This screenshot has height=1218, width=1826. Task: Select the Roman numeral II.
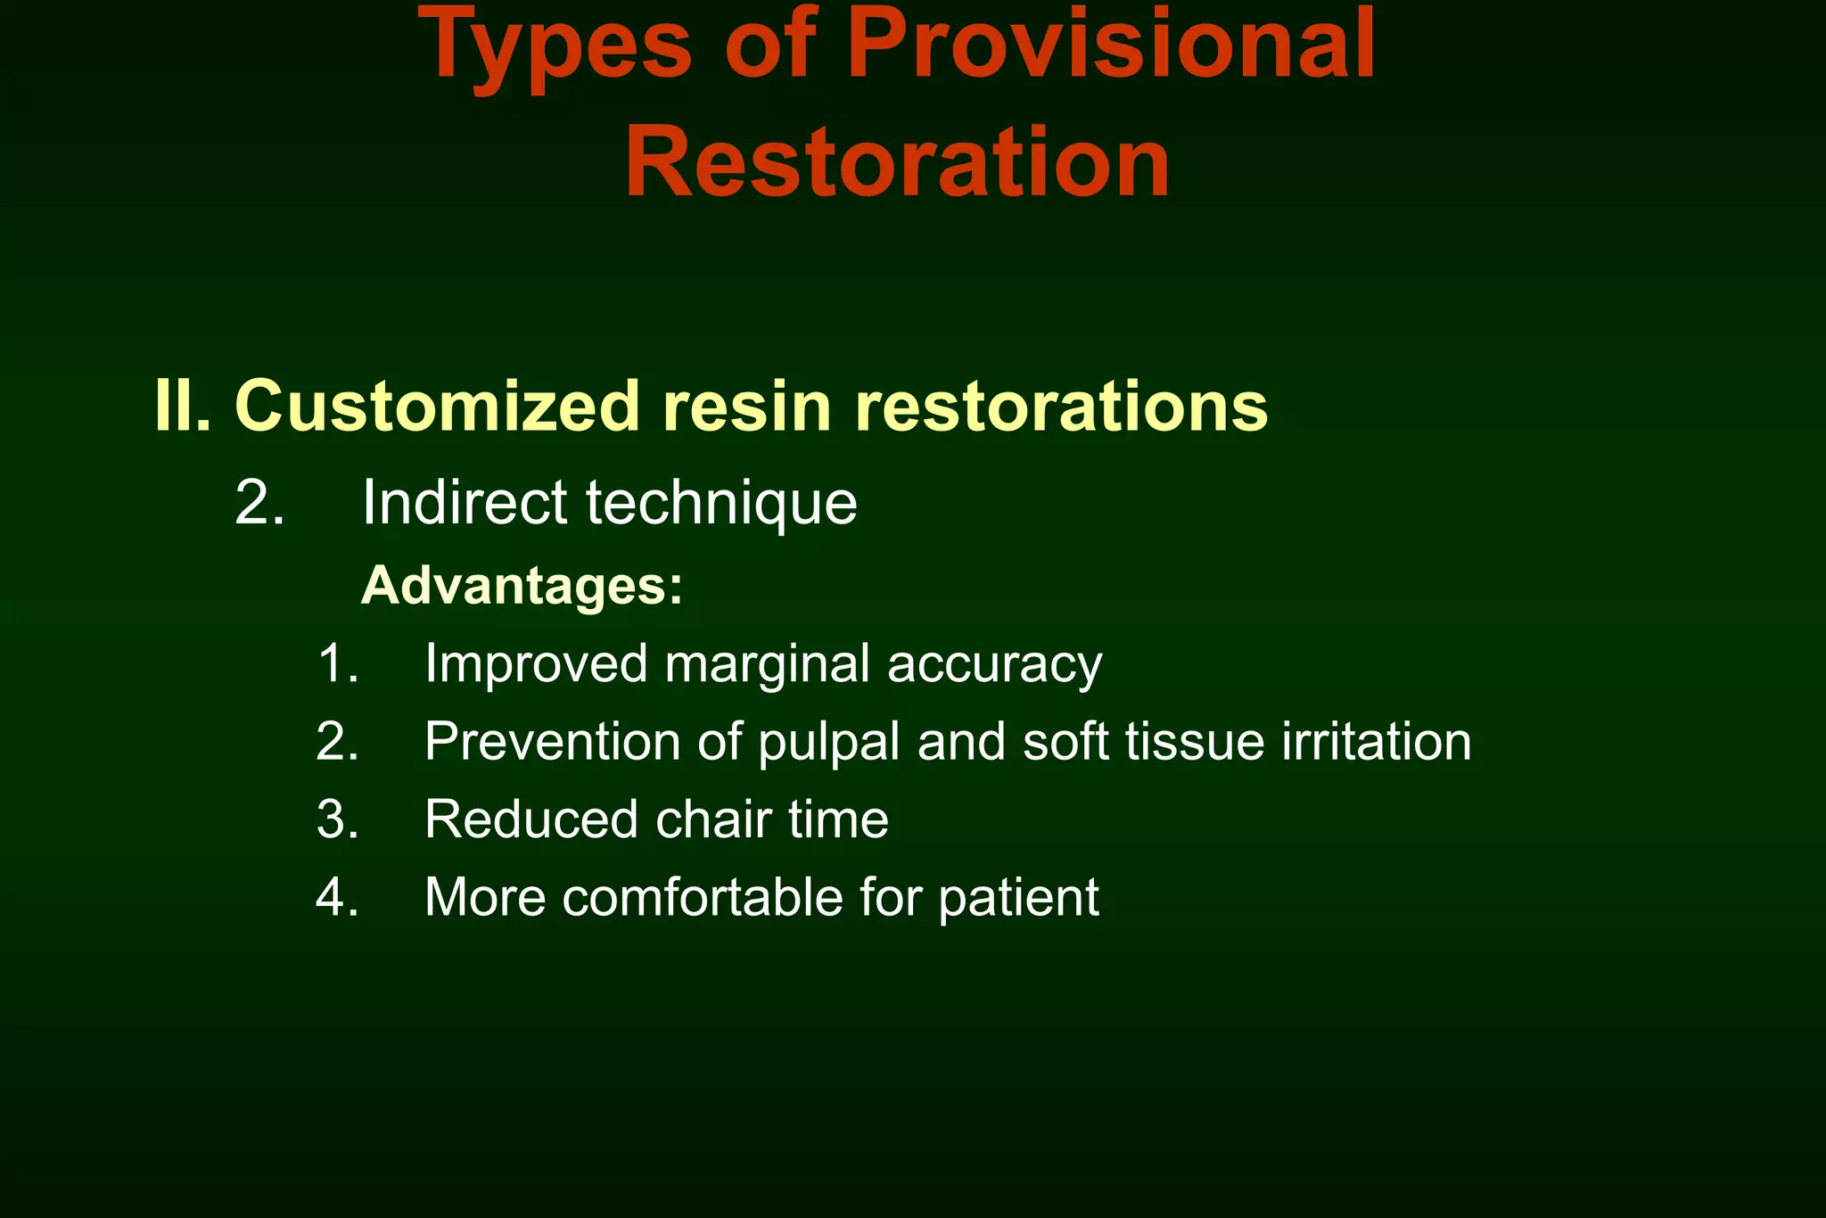(x=182, y=406)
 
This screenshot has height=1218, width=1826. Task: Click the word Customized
(x=437, y=406)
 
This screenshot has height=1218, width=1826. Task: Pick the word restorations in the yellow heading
(x=1061, y=406)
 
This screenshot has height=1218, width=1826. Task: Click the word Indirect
(x=464, y=503)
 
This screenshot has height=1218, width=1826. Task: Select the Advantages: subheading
(x=522, y=587)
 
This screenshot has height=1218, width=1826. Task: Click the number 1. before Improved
(x=337, y=664)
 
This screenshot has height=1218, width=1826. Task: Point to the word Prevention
(x=552, y=741)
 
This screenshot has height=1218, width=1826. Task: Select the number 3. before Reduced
(x=337, y=819)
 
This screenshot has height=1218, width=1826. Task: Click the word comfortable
(x=703, y=897)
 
